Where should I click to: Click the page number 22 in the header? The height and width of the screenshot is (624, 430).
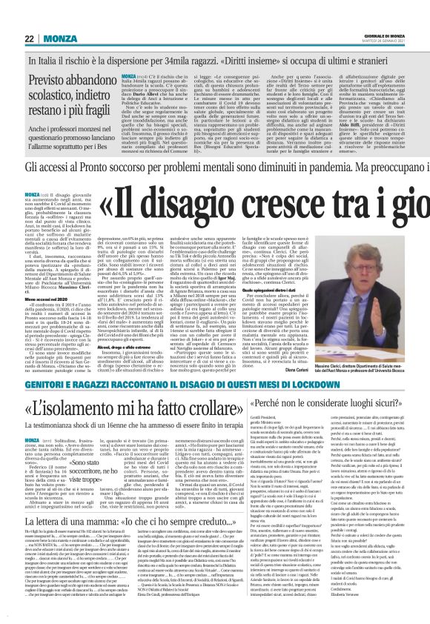click(28, 38)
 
